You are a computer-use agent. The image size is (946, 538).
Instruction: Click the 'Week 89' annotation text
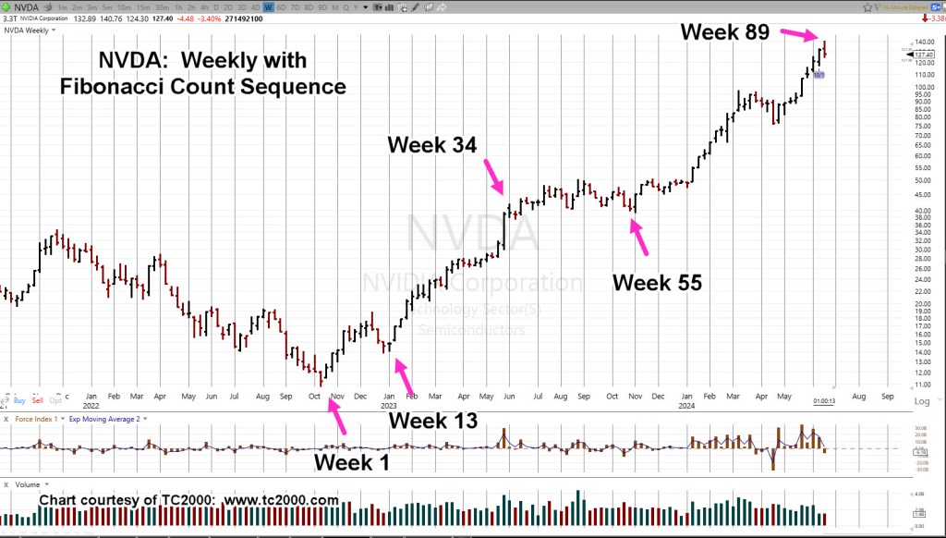(x=724, y=31)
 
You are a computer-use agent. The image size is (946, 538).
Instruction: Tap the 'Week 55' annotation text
(x=657, y=283)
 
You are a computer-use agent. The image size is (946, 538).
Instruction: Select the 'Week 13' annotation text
(x=432, y=421)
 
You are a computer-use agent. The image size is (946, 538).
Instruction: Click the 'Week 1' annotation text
(x=351, y=461)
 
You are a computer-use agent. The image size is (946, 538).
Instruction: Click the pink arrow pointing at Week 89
(x=799, y=35)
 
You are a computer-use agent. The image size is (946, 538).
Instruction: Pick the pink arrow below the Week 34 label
(x=493, y=176)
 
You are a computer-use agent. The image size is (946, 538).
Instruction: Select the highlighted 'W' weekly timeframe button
(x=269, y=6)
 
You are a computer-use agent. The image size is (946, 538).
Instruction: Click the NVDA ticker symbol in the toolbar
(x=26, y=6)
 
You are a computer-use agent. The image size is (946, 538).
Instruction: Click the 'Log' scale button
(x=921, y=402)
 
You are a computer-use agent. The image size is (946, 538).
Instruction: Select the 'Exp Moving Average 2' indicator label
(x=104, y=420)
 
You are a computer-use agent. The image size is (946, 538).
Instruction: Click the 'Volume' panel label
(x=28, y=483)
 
